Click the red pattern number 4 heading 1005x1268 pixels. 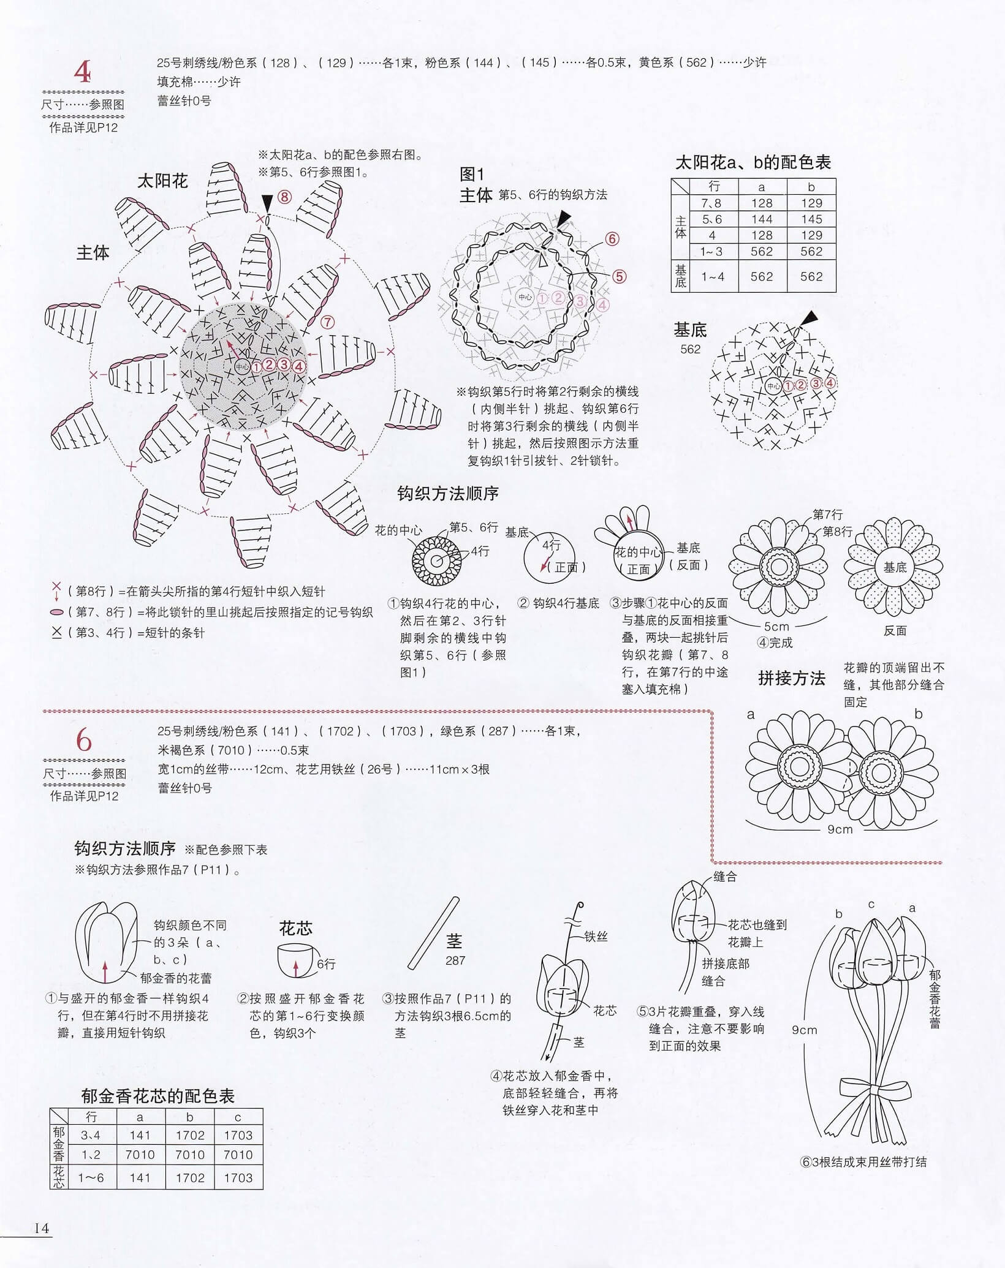(x=83, y=72)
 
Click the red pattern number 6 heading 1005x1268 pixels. (x=84, y=741)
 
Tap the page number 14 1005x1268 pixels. (x=42, y=1228)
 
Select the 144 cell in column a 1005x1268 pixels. (x=762, y=219)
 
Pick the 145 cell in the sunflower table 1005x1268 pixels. (x=811, y=219)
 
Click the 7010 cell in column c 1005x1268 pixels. (x=238, y=1155)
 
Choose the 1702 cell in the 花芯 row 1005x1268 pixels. (x=190, y=1177)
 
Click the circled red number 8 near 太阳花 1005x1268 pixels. (x=284, y=197)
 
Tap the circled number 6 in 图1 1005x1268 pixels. (x=612, y=239)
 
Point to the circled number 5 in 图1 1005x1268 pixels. (x=619, y=276)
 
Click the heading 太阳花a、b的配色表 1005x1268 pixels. (x=753, y=162)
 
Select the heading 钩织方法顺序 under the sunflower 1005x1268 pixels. (x=447, y=493)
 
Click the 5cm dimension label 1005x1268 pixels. (x=776, y=626)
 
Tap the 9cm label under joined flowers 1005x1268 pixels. (x=840, y=829)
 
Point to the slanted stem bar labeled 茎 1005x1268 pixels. (x=433, y=933)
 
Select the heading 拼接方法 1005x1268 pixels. (x=792, y=678)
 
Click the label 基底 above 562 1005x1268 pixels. (x=690, y=330)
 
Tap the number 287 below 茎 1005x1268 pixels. (x=455, y=960)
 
